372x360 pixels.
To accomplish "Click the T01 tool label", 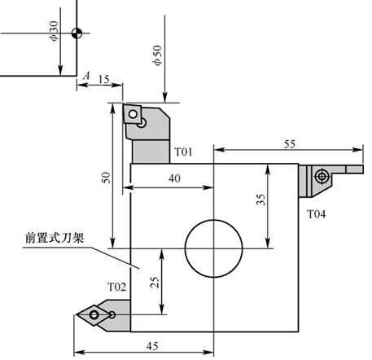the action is [183, 151].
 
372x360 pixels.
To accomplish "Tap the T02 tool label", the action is [116, 287].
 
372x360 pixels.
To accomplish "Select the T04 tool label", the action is [316, 214].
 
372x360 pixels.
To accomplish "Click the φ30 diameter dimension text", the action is [54, 31].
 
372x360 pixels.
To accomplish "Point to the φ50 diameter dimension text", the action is [157, 55].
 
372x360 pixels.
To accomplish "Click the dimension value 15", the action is [103, 79].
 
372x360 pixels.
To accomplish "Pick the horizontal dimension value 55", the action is [289, 144].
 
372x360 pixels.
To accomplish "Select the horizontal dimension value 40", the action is [174, 178].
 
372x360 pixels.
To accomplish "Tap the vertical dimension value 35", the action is [260, 200].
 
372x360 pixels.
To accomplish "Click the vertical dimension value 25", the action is [155, 282].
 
